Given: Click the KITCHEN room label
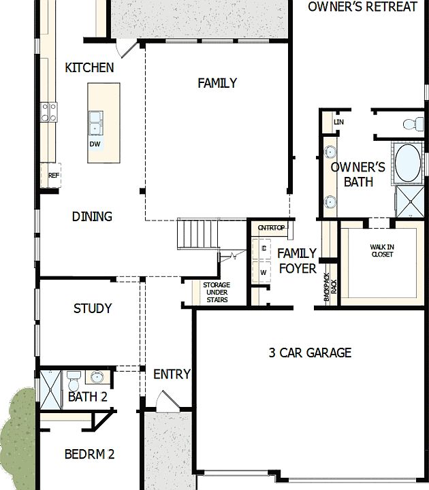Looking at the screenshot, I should (x=89, y=67).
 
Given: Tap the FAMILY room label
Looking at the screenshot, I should (x=217, y=83).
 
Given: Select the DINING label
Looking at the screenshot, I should (x=92, y=216).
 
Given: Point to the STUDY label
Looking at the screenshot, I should (x=93, y=308).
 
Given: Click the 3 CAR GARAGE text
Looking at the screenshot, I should (x=310, y=353).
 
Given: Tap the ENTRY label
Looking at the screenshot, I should (x=172, y=374).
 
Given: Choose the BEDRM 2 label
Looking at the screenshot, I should (x=89, y=454).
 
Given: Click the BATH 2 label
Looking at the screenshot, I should (x=87, y=397).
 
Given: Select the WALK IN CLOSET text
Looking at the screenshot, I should (x=382, y=250).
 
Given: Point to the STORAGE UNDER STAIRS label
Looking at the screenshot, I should (x=217, y=292).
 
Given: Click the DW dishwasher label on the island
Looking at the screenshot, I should (x=94, y=144).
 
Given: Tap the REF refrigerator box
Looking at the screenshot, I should (x=54, y=175).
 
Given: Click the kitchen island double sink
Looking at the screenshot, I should (x=95, y=123).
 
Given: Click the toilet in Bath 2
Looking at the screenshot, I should (x=74, y=376).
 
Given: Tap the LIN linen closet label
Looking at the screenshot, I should (x=338, y=122).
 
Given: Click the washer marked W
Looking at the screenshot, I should (x=264, y=273).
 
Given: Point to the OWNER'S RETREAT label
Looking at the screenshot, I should (x=362, y=7).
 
